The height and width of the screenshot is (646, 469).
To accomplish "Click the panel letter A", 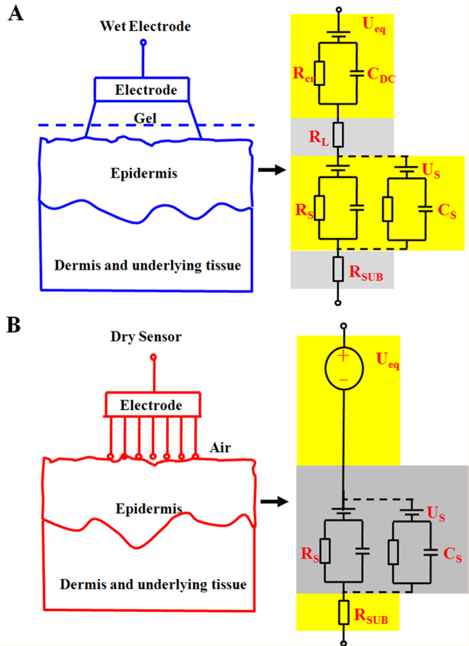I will [x=16, y=14].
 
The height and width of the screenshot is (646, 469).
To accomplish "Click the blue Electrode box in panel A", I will [x=145, y=90].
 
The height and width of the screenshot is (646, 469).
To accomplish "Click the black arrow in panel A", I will [x=270, y=171].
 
